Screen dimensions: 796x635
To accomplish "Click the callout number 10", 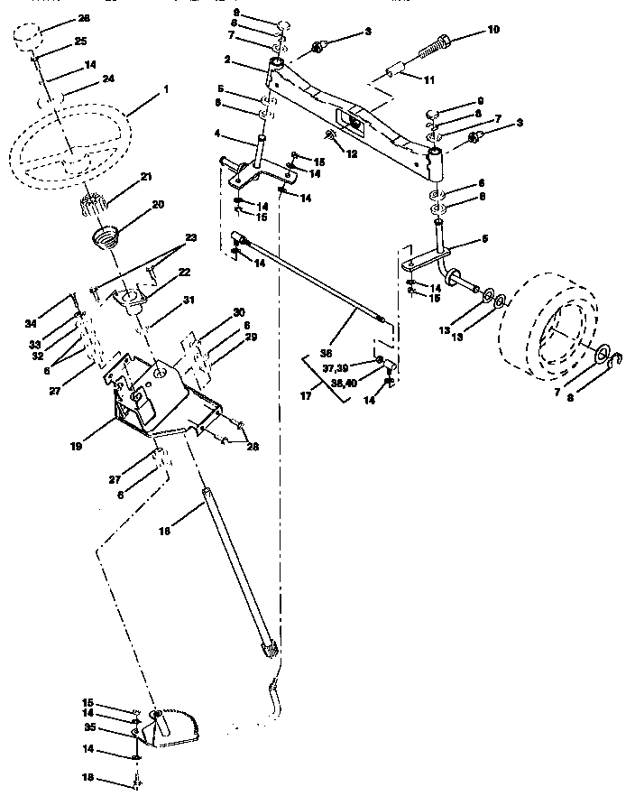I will (492, 31).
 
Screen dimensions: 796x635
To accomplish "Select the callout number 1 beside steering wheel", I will (165, 90).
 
